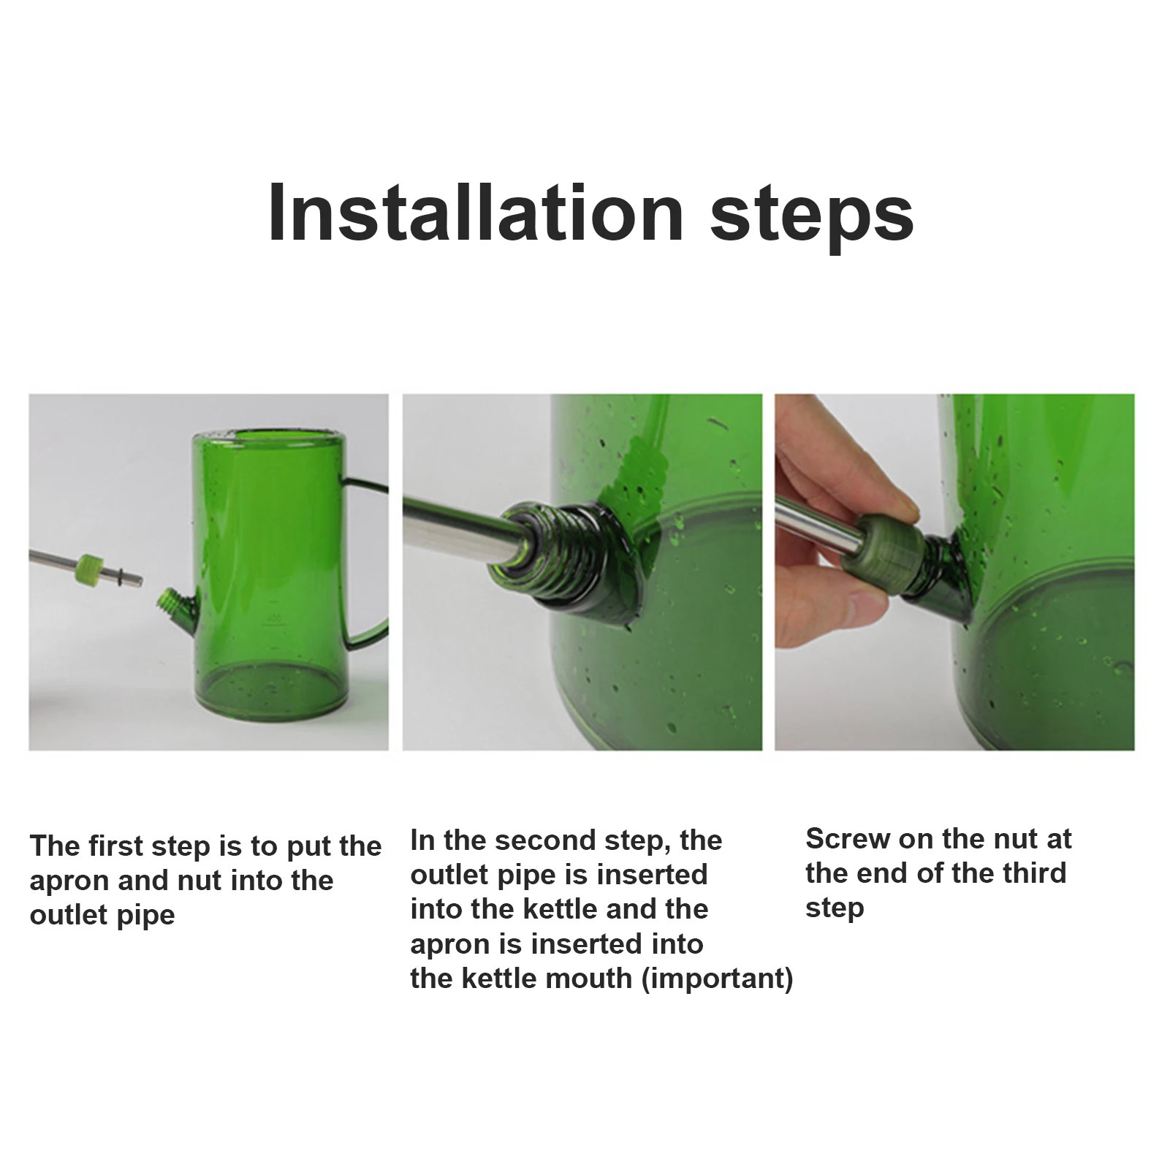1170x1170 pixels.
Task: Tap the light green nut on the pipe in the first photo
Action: (88, 564)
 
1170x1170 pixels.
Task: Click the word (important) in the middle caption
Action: (717, 978)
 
